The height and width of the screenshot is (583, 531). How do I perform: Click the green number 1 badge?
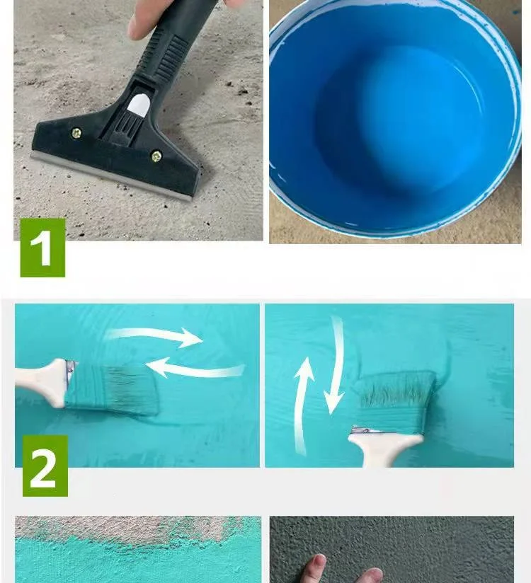click(x=42, y=248)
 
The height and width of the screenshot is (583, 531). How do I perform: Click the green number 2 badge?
click(x=45, y=466)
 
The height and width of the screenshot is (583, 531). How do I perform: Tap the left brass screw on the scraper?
click(x=76, y=133)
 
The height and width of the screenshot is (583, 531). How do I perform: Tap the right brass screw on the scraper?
click(x=156, y=156)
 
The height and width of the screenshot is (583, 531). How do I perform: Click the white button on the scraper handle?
click(x=139, y=103)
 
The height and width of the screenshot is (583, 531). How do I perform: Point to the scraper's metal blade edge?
click(x=110, y=178)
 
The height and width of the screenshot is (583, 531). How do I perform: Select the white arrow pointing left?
click(x=195, y=368)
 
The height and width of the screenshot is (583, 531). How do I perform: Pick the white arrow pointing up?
click(x=302, y=405)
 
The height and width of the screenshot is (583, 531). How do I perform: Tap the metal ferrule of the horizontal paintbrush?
click(x=69, y=372)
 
